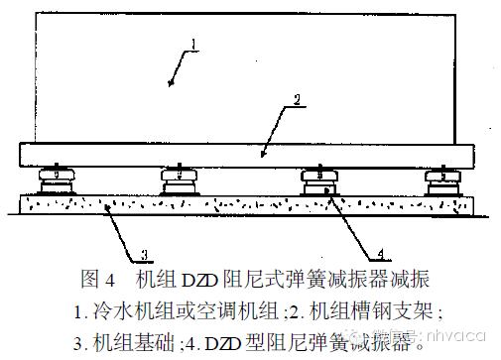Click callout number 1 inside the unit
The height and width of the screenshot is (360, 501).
[194, 43]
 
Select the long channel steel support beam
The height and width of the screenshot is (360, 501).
[248, 155]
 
